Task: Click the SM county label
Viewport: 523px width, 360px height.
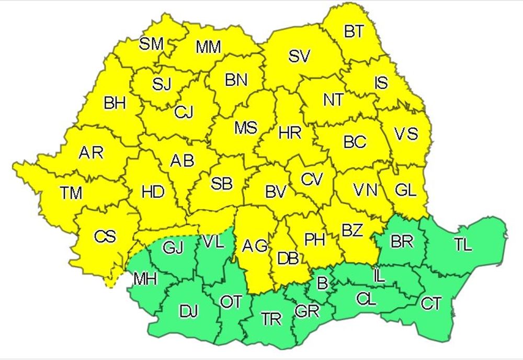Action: point(151,44)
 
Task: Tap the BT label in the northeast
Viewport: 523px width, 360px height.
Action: point(354,32)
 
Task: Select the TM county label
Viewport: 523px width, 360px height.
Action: point(71,193)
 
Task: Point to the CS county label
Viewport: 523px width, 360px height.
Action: point(105,237)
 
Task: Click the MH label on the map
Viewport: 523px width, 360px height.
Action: point(145,279)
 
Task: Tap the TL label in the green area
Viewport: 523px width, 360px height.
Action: point(463,244)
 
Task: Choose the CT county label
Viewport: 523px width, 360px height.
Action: point(431,303)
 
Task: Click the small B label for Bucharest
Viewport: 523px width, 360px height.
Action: point(323,284)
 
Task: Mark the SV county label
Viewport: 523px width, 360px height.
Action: point(300,57)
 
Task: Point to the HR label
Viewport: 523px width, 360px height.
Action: point(290,133)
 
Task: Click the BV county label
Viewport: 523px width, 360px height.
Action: point(276,192)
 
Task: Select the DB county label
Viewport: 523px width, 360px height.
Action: point(288,257)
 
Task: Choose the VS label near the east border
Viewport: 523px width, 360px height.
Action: point(406,134)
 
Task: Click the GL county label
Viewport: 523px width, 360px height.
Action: point(406,189)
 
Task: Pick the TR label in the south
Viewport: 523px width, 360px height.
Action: point(271,319)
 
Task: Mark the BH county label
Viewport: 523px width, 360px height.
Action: point(115,103)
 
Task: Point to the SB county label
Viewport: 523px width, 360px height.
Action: point(221,183)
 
